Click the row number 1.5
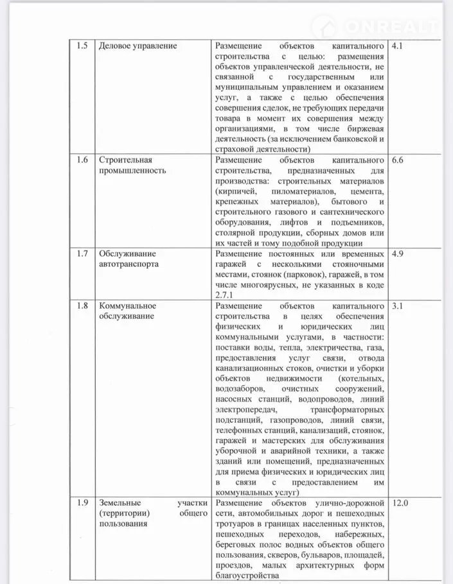tap(82, 47)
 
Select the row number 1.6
tap(82, 159)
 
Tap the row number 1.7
tap(82, 253)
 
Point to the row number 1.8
tap(82, 305)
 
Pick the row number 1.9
tap(82, 502)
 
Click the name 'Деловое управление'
tap(138, 47)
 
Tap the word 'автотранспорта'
tap(129, 264)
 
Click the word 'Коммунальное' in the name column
tap(127, 305)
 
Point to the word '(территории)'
tap(124, 513)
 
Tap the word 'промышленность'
tap(132, 170)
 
